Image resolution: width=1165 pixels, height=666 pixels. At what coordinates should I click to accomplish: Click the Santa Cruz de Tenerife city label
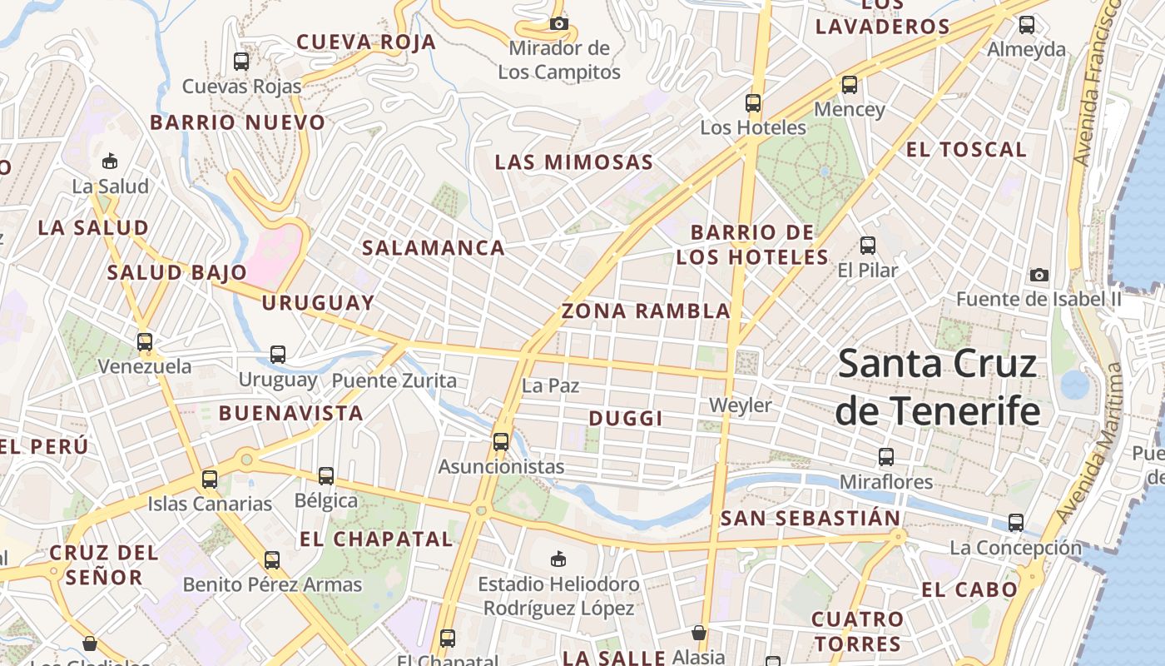938,387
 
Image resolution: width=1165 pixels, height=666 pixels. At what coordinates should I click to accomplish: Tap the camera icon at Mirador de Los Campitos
559,23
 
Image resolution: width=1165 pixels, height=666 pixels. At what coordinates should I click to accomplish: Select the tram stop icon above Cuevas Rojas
241,61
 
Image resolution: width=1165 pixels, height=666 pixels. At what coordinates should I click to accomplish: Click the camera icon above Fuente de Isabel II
1039,275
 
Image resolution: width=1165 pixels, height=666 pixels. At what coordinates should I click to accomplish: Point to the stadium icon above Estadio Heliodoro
558,559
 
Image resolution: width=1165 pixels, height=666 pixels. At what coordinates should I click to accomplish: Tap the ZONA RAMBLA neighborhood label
646,311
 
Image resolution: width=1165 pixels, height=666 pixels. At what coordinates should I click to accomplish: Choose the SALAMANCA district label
434,247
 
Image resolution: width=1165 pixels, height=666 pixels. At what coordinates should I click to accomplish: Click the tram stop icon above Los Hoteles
753,103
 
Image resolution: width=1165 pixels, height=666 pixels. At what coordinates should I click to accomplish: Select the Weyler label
740,405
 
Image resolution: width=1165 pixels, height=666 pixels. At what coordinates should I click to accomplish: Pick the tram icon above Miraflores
886,456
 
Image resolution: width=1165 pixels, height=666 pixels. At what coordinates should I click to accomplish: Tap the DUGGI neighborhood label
626,419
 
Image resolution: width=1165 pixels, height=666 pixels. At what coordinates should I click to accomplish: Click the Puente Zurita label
394,381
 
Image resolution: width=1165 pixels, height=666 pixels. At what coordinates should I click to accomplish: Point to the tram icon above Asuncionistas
501,442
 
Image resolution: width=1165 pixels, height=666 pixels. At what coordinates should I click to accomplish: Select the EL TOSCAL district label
966,150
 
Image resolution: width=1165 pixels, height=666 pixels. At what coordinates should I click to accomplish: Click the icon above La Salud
110,161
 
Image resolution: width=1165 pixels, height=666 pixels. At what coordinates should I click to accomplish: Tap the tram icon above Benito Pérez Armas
272,559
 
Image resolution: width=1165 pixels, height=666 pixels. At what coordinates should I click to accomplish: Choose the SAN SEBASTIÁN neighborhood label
811,519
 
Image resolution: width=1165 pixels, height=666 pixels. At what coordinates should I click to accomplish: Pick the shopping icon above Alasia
699,633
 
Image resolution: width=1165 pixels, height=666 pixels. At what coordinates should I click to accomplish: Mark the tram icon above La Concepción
1016,523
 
